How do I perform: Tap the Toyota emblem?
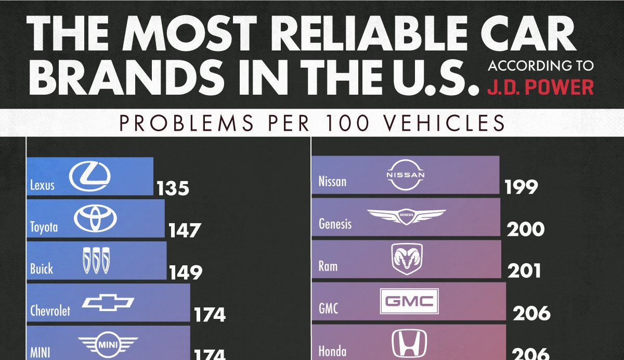coord(92,218)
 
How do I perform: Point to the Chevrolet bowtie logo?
coord(109,303)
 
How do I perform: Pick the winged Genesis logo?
coord(406,216)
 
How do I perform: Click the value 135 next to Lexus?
coord(173,188)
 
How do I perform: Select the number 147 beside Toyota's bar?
coord(184,230)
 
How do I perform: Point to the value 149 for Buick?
coord(185,272)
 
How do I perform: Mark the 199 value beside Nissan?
coord(521,187)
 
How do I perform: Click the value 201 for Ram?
coord(524,271)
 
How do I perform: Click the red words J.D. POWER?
coord(540,86)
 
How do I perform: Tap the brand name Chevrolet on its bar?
coord(50,311)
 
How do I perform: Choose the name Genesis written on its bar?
coord(335,224)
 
